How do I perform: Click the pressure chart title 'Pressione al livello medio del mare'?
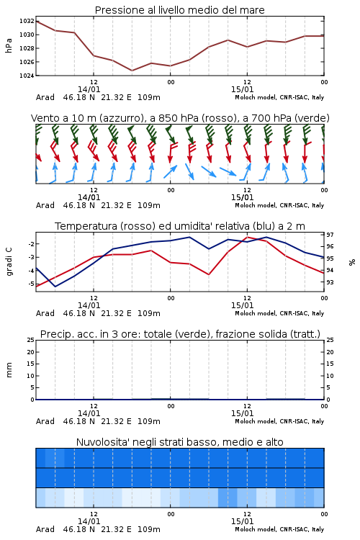[x=179, y=10]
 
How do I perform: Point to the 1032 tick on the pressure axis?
[x=27, y=21]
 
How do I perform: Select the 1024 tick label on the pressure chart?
[x=27, y=76]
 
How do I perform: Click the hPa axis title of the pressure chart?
[x=9, y=45]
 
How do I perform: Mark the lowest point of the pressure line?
[x=132, y=71]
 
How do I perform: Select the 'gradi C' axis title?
[x=9, y=261]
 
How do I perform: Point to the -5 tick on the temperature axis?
[x=30, y=284]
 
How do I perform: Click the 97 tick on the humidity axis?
[x=330, y=235]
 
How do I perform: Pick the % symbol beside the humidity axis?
[x=352, y=262]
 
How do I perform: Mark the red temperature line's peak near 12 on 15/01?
[x=247, y=237]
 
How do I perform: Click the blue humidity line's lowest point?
[x=55, y=287]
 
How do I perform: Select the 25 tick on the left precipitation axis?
[x=30, y=340]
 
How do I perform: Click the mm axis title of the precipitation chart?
[x=9, y=369]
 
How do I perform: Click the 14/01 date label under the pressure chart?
[x=89, y=89]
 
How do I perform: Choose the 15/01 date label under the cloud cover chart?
[x=242, y=521]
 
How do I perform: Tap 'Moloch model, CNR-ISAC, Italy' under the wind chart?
[x=279, y=205]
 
